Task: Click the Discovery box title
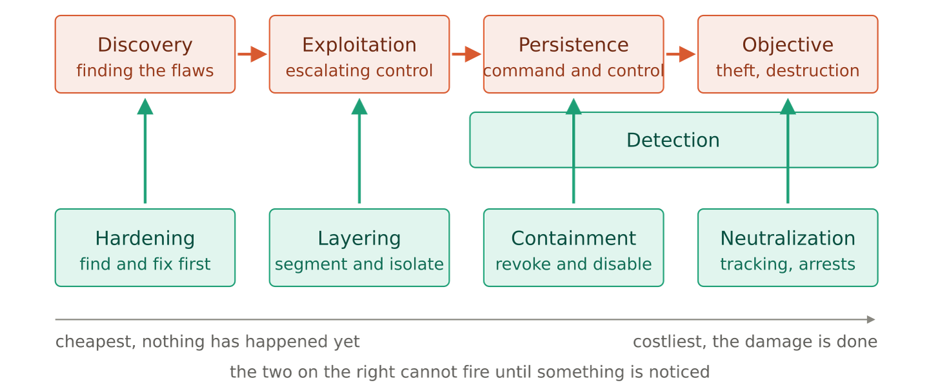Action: point(145,45)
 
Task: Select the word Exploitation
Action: point(359,45)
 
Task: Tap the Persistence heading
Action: point(573,45)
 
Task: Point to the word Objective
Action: point(788,45)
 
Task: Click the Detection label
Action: point(673,140)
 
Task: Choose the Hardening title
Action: point(145,238)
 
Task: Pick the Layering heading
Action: point(359,238)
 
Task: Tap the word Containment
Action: point(573,238)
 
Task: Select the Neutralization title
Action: point(788,238)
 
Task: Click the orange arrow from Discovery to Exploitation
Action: point(252,54)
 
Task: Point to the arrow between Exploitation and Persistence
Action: point(467,54)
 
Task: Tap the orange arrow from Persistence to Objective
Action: point(680,54)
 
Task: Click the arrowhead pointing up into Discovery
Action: point(145,106)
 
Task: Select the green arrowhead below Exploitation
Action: point(359,106)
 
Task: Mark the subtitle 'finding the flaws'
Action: point(145,70)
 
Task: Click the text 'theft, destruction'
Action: point(788,70)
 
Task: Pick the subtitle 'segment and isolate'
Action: point(359,264)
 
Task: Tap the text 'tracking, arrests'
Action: point(788,264)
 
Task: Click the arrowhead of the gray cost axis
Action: point(871,319)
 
